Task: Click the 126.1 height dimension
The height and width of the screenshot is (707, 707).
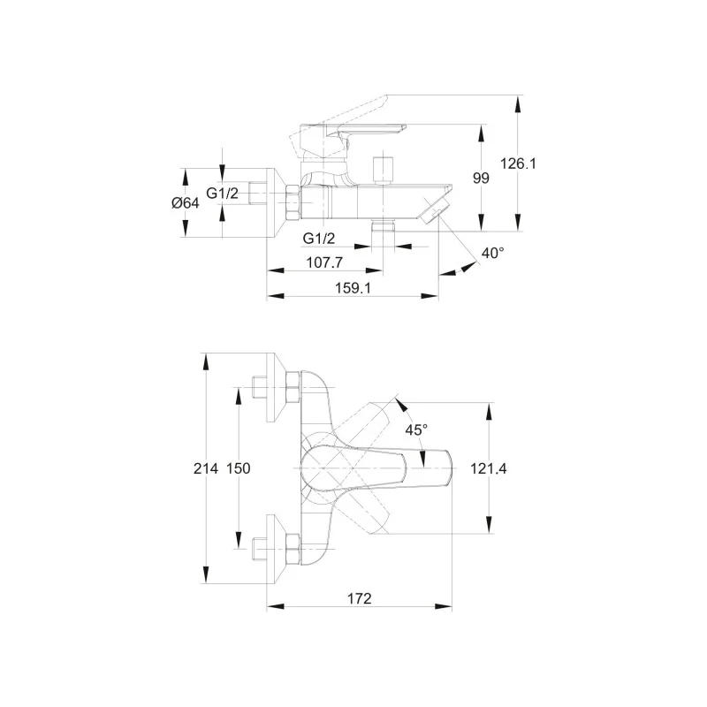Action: click(x=520, y=163)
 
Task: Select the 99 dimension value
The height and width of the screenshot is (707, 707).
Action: click(x=481, y=178)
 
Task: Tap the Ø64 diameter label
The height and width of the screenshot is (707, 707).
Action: click(x=186, y=202)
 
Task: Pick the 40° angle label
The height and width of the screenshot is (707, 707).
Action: click(x=492, y=254)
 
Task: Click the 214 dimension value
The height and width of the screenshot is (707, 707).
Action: click(x=205, y=469)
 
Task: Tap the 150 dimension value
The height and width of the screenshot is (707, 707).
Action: click(x=237, y=469)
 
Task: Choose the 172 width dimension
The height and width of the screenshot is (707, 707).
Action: click(x=358, y=598)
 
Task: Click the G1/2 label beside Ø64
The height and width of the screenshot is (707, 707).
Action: click(x=223, y=194)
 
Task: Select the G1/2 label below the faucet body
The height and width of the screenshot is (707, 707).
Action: click(x=319, y=238)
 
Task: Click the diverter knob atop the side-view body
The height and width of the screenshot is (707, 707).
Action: click(x=384, y=170)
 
